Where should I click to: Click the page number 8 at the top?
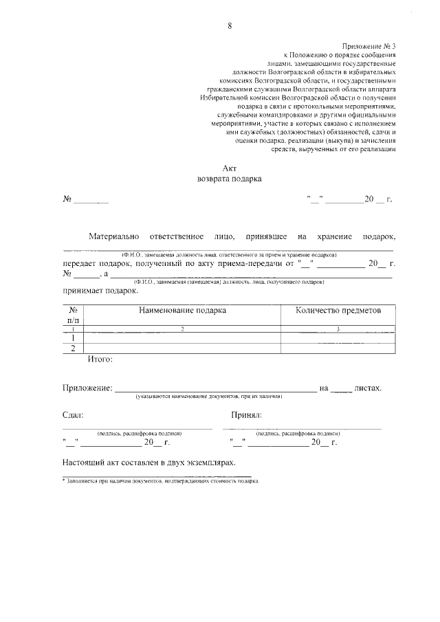(x=230, y=27)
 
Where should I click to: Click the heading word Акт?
(x=230, y=168)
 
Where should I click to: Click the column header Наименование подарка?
(x=182, y=311)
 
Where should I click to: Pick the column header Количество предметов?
(x=338, y=311)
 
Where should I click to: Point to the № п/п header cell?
(x=74, y=315)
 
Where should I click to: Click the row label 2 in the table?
(x=74, y=348)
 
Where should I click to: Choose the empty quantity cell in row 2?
(x=338, y=348)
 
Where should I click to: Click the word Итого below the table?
(x=100, y=359)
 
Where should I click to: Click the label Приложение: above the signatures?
(x=87, y=388)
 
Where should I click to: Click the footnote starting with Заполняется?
(x=162, y=481)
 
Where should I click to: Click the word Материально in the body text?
(x=114, y=237)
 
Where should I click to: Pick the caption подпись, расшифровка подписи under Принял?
(x=298, y=434)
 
